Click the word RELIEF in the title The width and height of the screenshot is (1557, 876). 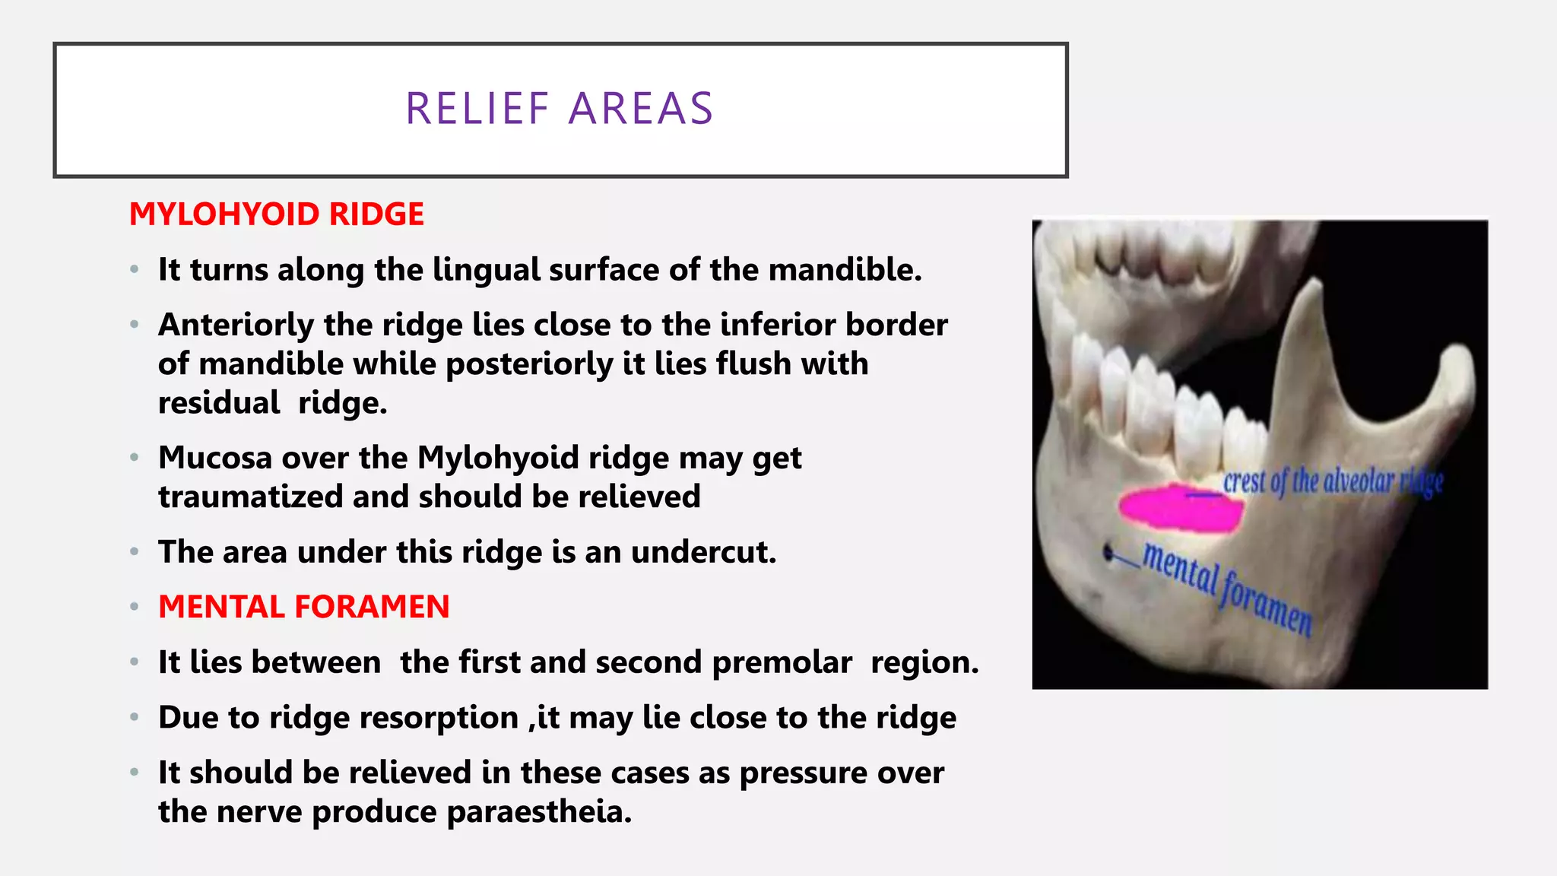click(x=477, y=109)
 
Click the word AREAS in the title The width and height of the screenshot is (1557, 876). click(x=641, y=109)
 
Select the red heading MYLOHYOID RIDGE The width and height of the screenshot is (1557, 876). click(x=277, y=214)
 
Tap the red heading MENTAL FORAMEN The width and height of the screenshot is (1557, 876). click(x=304, y=607)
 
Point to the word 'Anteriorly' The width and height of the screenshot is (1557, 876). click(x=236, y=325)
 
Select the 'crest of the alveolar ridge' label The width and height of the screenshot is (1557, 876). click(x=1333, y=482)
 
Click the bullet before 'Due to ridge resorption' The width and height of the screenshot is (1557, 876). click(x=135, y=718)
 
